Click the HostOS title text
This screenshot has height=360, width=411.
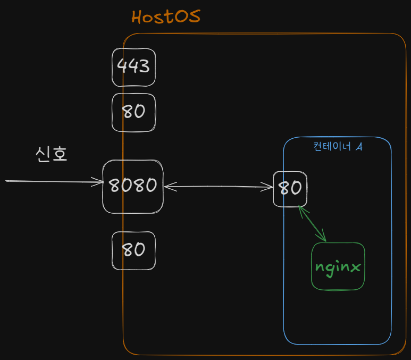tap(166, 16)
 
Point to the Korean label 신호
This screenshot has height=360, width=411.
tap(52, 154)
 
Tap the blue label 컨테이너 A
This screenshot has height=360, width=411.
tap(338, 146)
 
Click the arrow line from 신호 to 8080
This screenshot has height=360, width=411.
tap(55, 181)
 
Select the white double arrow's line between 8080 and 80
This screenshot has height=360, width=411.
tap(219, 187)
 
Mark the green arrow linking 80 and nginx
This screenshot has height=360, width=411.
tap(312, 223)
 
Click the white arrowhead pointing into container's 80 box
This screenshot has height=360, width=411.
tap(267, 187)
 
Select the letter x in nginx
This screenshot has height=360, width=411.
tap(355, 267)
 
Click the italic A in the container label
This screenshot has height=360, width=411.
tap(359, 147)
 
